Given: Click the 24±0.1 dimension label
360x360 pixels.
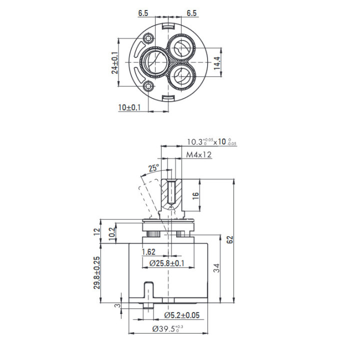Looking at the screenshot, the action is point(115,62).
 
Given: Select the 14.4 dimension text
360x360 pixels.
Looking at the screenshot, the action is point(216,63).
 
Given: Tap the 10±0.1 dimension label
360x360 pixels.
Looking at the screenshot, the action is point(129,107).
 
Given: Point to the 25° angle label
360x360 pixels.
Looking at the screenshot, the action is point(153,168).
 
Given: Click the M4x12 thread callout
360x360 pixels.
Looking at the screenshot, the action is point(198,154).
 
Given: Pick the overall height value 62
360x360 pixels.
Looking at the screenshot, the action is point(229,239).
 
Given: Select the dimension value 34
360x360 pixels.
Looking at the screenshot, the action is point(216,267).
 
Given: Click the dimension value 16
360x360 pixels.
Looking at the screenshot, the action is point(195,195).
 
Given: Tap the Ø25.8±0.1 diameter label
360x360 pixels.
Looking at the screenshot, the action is point(166,263).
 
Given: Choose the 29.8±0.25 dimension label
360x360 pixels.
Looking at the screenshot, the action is point(97,272).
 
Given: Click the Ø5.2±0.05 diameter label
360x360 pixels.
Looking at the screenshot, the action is point(182,315).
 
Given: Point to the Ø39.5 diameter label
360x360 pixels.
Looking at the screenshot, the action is point(167,329).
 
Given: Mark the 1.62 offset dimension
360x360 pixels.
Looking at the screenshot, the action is point(148,252).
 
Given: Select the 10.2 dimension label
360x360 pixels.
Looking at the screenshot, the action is point(112,233).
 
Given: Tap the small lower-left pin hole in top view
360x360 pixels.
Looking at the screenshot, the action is point(148,86).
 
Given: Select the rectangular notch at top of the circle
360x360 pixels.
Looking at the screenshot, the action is point(168,27).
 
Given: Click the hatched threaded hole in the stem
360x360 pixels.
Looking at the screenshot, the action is point(171,192).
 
